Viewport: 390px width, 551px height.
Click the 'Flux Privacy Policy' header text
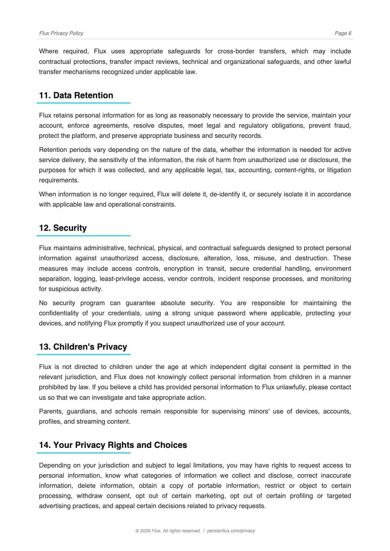(61, 33)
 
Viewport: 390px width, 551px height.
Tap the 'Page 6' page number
(343, 33)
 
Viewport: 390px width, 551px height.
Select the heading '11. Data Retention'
(76, 95)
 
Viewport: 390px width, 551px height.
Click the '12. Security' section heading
(63, 228)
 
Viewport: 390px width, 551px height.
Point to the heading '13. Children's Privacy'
(83, 347)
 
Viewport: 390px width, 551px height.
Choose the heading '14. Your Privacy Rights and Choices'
(113, 445)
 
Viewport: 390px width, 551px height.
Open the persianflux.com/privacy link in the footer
(231, 531)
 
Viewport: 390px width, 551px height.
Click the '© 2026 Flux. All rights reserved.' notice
(168, 531)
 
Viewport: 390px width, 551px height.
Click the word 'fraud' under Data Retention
(342, 126)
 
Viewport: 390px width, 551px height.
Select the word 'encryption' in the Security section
(179, 269)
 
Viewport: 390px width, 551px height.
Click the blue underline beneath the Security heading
(84, 236)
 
